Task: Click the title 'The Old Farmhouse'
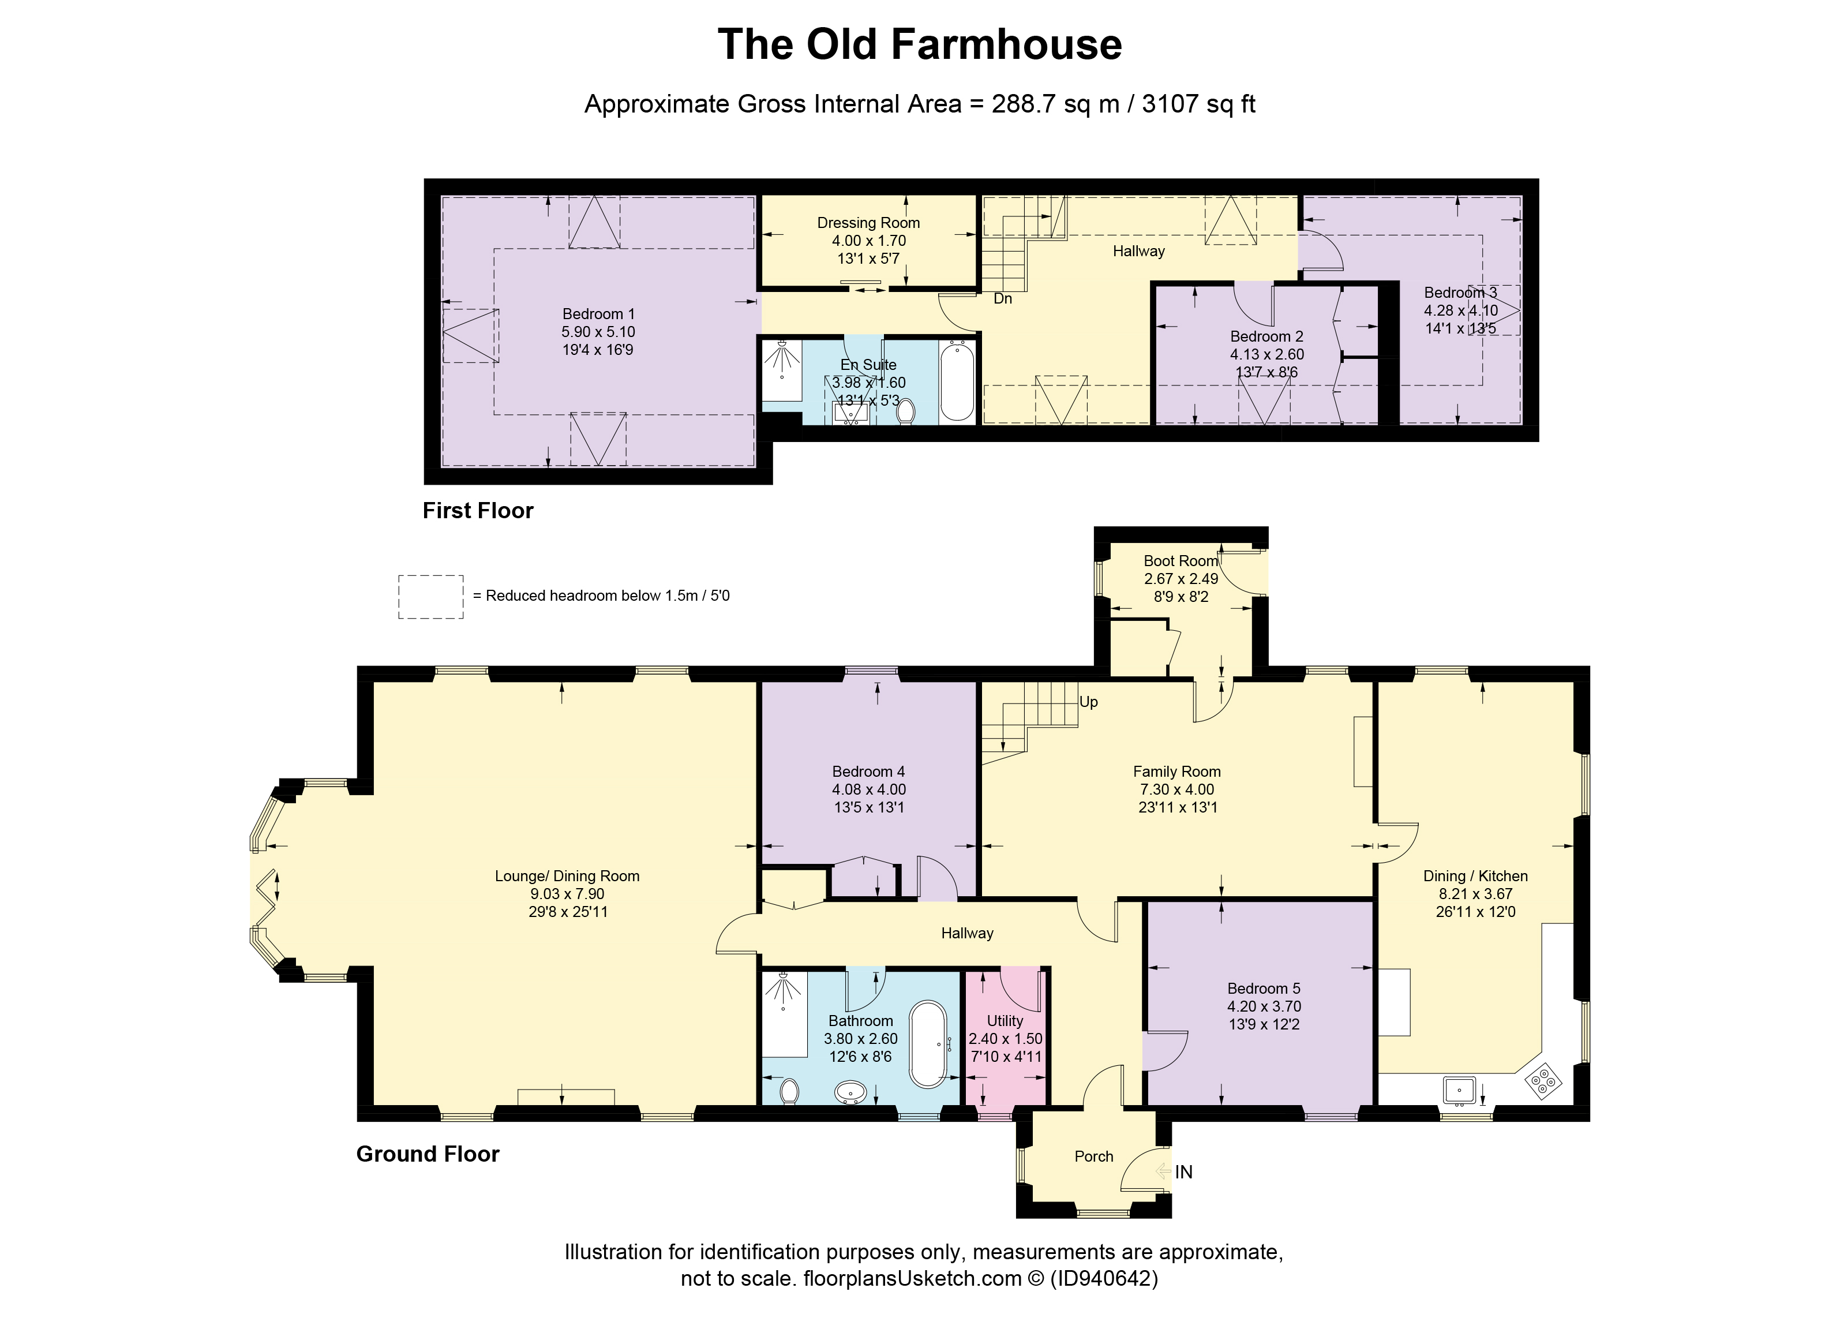[x=919, y=44]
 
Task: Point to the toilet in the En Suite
[x=906, y=410]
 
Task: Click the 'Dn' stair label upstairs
[x=1003, y=298]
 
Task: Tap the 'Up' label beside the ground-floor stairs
[x=1089, y=702]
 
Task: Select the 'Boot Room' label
[x=1181, y=561]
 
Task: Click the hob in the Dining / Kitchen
[x=1543, y=1081]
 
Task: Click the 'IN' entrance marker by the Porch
[x=1183, y=1171]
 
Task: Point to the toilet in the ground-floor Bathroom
[x=789, y=1091]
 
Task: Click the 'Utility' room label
[x=1005, y=1021]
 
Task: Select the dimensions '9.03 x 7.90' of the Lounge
[x=567, y=893]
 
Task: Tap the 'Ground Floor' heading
[x=428, y=1154]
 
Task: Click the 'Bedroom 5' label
[x=1263, y=988]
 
